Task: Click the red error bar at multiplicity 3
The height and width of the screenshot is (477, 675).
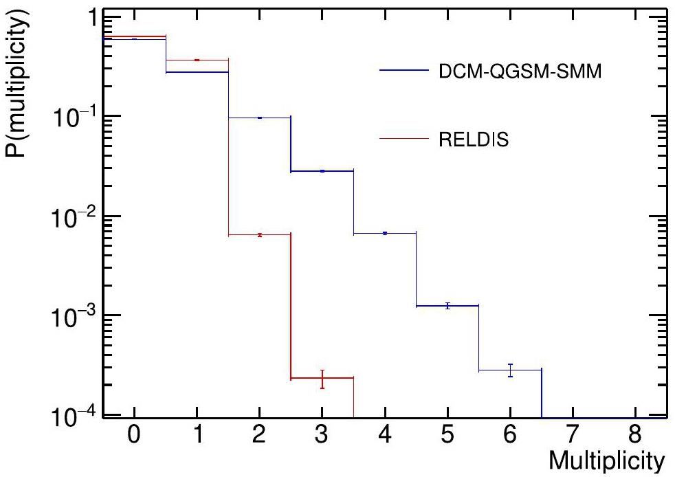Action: pyautogui.click(x=322, y=379)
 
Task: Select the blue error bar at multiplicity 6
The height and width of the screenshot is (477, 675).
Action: pyautogui.click(x=510, y=370)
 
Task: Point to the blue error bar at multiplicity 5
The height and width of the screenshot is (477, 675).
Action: pyautogui.click(x=447, y=305)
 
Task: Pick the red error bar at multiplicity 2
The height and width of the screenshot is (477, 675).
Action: pyautogui.click(x=260, y=235)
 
